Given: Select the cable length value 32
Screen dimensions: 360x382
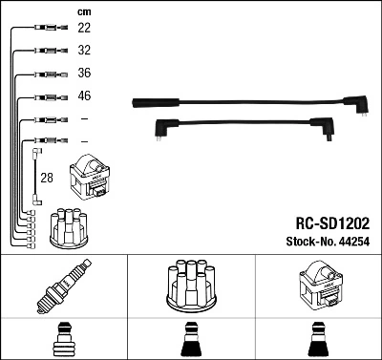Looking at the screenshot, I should pos(84,52).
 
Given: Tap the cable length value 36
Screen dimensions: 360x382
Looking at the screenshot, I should pos(84,74).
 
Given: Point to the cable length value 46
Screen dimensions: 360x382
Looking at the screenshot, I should pos(84,96).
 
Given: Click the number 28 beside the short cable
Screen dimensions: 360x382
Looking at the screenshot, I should pos(46,177).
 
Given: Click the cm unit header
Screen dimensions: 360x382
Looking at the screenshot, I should pos(83,11).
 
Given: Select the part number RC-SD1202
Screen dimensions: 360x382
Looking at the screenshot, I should pos(325,221).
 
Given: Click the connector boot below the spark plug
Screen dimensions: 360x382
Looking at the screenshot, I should pos(62,341).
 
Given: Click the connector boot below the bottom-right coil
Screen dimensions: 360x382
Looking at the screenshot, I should pos(318,341).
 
